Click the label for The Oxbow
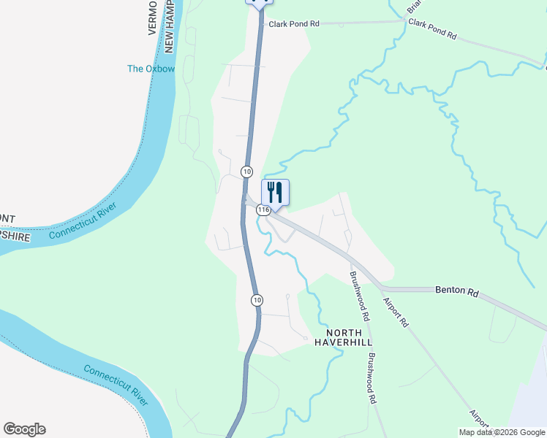151,69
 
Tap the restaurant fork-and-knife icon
275,192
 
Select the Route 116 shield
264,210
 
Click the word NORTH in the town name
335,331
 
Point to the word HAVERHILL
335,342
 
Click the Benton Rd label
456,291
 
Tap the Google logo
24,429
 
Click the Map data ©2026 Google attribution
501,432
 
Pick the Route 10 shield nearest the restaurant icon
247,172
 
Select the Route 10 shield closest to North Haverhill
257,300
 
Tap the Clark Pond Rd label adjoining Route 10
294,24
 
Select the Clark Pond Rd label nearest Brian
432,29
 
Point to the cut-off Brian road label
414,7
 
